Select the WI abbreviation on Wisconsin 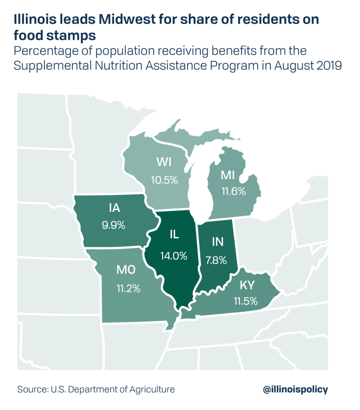pyautogui.click(x=164, y=162)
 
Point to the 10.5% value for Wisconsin pyautogui.click(x=164, y=180)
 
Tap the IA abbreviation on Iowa pyautogui.click(x=114, y=208)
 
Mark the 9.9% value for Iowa pyautogui.click(x=114, y=225)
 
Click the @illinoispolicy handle pyautogui.click(x=295, y=389)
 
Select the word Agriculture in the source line pyautogui.click(x=154, y=389)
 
